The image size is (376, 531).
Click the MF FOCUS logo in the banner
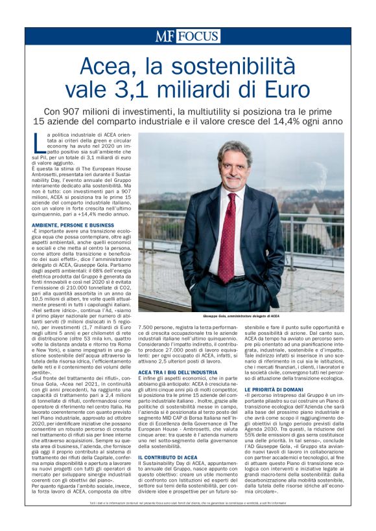tap(187, 36)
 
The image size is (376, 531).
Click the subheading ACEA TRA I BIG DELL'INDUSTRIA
tap(178, 373)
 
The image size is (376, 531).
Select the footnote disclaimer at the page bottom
tap(188, 503)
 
